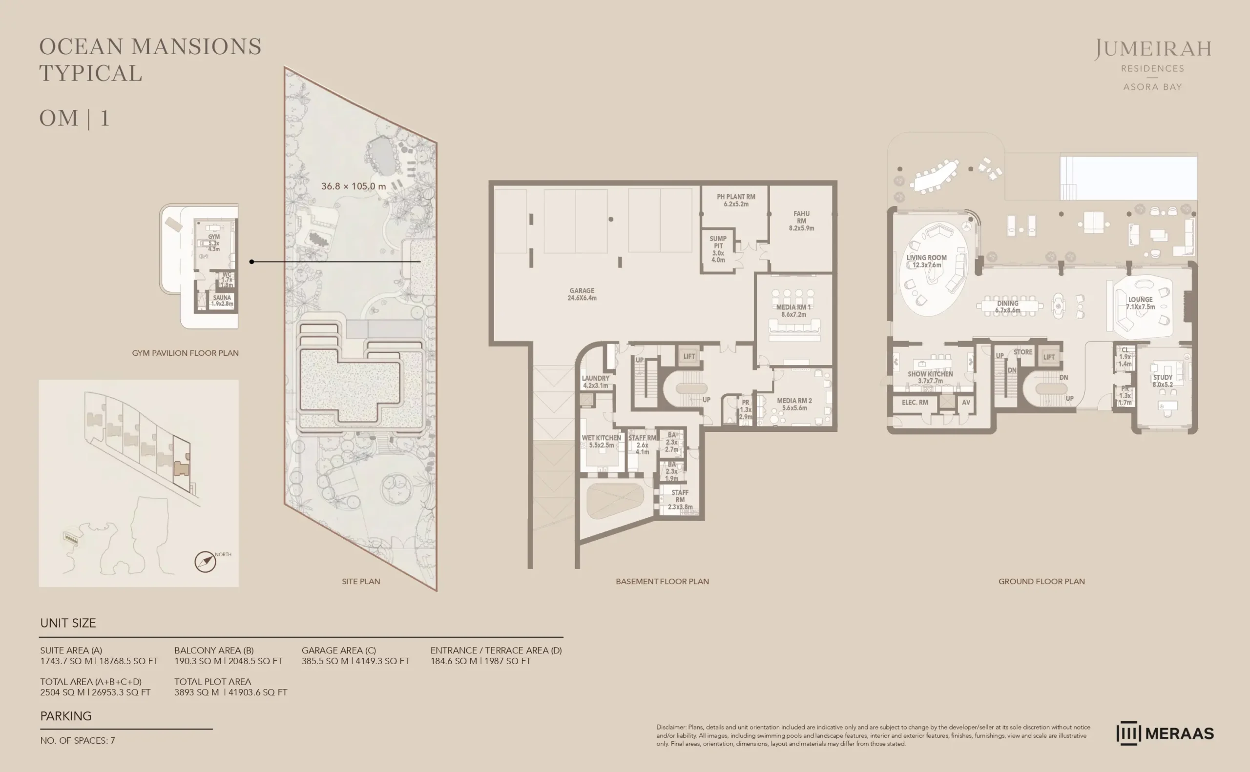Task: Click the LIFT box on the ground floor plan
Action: (1049, 357)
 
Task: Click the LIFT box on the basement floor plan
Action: (689, 356)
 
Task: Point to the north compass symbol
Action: (206, 562)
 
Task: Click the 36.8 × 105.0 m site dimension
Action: (353, 186)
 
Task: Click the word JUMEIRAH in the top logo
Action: (1152, 49)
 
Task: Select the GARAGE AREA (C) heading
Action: (339, 650)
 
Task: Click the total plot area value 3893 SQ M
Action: (197, 692)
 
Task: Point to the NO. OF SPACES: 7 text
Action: (78, 740)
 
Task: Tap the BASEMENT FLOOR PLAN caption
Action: (662, 581)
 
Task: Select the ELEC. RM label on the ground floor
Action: (915, 402)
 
